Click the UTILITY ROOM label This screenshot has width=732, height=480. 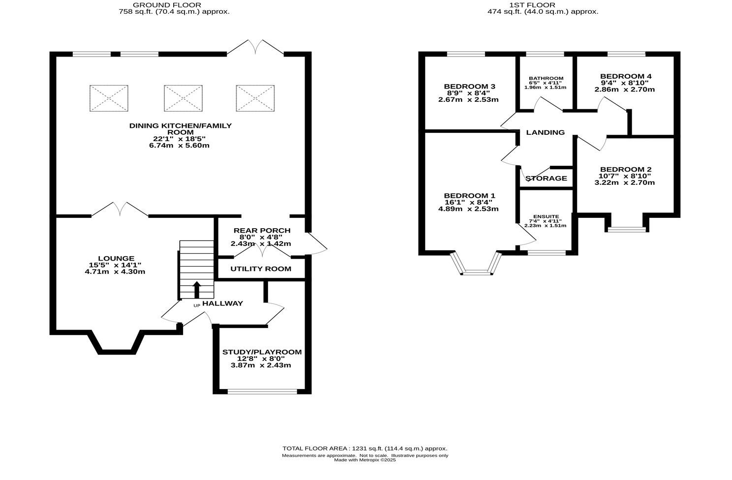[x=261, y=269]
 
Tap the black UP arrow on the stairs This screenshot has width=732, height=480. [x=196, y=289]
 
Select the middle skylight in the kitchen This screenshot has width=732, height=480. [x=183, y=98]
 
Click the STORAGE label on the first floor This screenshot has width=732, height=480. [x=546, y=178]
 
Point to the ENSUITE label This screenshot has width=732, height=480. [x=545, y=216]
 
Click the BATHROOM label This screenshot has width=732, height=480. [x=546, y=78]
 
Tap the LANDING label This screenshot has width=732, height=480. [x=545, y=132]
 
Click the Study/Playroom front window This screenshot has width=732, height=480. [x=262, y=391]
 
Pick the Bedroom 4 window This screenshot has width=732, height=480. [x=626, y=54]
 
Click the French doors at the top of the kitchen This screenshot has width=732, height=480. [x=255, y=48]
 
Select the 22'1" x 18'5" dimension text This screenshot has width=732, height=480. [x=179, y=139]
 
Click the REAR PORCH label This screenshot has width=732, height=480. [x=262, y=230]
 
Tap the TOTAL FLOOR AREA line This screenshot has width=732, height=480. [x=365, y=449]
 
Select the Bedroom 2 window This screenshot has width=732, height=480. [x=626, y=229]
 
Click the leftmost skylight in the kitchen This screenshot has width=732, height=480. [x=109, y=98]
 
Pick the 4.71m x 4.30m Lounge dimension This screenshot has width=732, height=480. [x=115, y=271]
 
